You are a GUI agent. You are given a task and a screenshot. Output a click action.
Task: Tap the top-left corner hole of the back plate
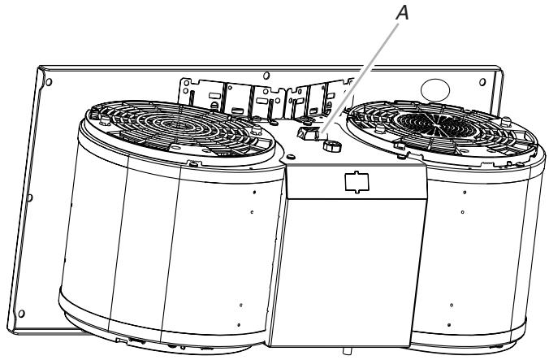50,83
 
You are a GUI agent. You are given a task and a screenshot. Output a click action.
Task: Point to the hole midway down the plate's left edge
30,197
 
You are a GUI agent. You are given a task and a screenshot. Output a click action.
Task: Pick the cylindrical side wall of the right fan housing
479,244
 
